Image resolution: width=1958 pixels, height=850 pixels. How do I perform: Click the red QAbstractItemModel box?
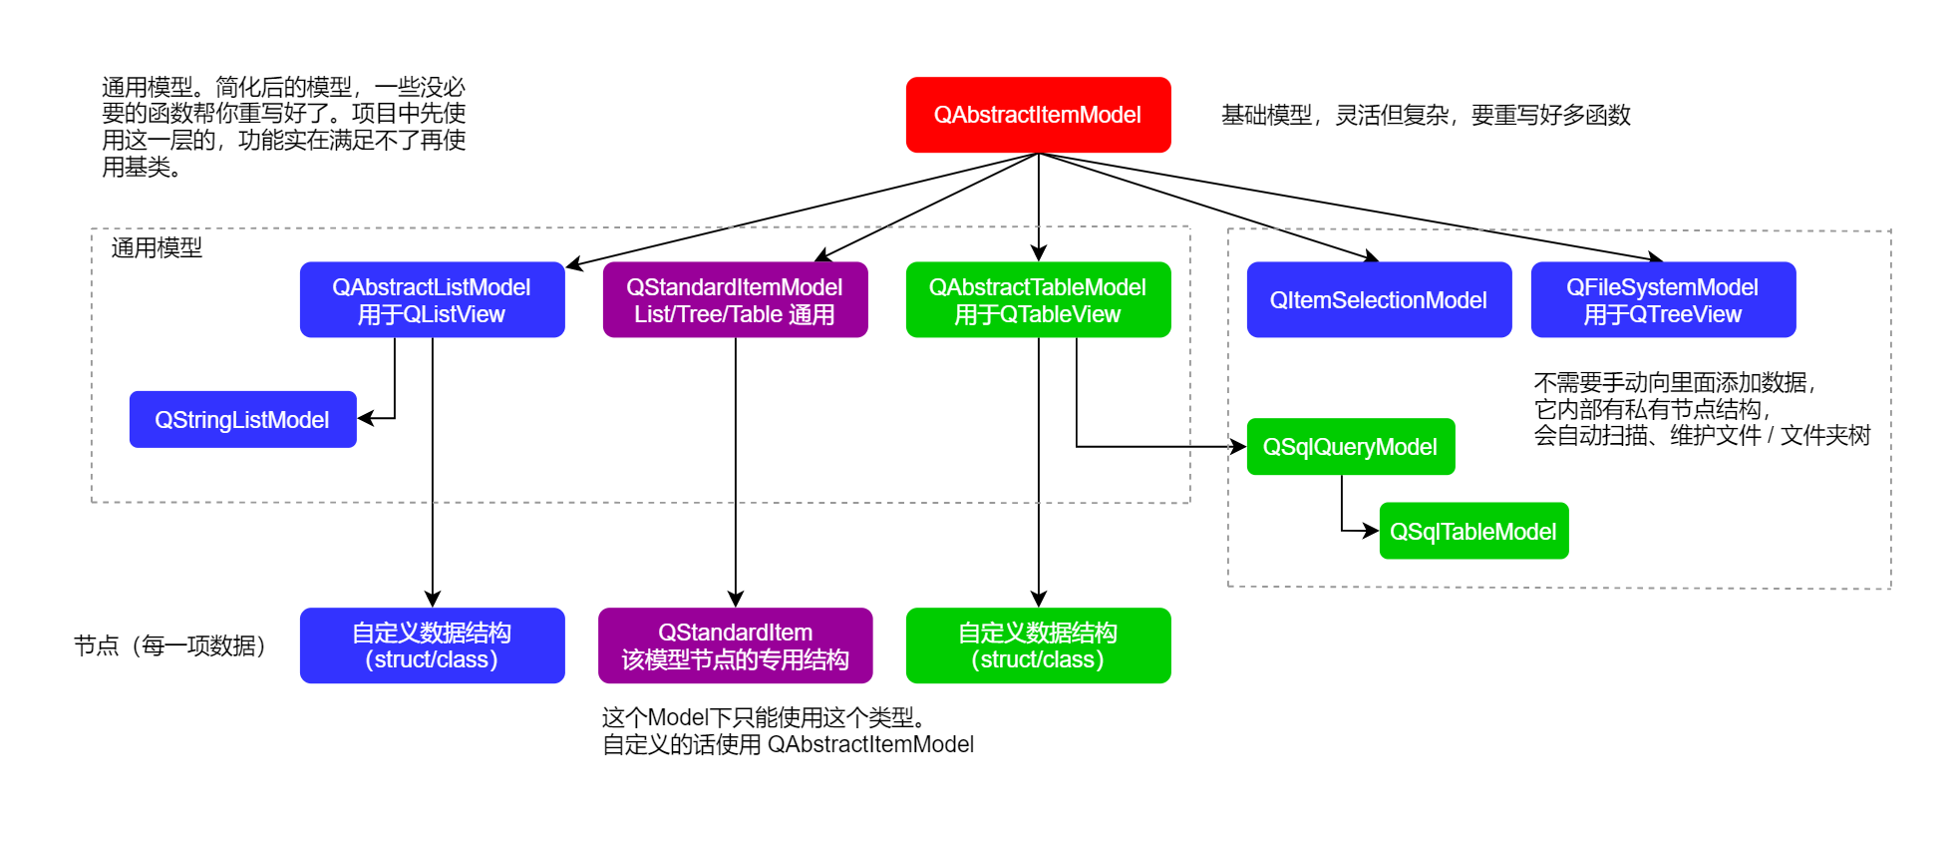point(1038,115)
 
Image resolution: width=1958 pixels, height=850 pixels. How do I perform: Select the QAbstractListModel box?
point(432,299)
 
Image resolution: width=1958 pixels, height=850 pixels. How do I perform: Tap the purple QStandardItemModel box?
point(735,299)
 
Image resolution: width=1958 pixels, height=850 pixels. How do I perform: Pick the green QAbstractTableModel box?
point(1038,299)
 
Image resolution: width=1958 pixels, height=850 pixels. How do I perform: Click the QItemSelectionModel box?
point(1379,299)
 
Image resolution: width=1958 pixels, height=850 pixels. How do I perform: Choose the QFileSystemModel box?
point(1663,299)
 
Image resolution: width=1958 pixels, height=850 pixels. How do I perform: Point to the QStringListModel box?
point(242,419)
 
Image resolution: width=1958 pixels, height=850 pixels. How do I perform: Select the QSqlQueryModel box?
point(1350,446)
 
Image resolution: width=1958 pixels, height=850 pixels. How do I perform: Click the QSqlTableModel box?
point(1473,531)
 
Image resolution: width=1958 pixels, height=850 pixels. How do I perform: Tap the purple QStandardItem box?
point(735,645)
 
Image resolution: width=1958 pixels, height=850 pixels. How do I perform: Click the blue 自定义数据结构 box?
point(432,645)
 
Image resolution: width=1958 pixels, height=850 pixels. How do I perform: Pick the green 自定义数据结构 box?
point(1038,645)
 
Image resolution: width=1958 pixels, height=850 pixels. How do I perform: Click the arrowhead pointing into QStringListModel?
point(365,418)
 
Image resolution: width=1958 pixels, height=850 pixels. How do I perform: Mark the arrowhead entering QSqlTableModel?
point(1372,531)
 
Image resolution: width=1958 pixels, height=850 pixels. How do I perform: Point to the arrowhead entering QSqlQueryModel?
point(1239,446)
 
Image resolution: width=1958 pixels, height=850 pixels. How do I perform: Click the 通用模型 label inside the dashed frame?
point(157,247)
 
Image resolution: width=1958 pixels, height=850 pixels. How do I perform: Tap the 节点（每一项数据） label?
point(169,645)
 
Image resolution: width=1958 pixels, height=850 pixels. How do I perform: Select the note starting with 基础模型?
point(1426,116)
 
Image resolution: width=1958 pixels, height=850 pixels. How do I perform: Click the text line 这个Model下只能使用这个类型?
point(765,717)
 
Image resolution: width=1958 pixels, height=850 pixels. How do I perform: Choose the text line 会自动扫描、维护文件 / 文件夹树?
point(1702,435)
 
